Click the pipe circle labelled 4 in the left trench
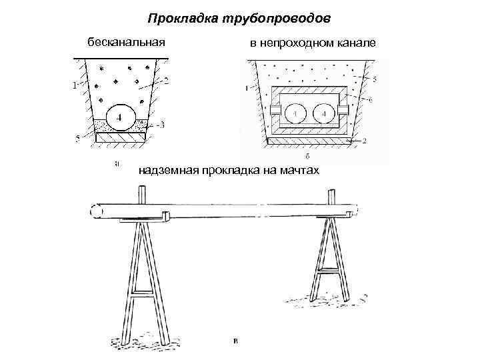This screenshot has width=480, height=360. point(121,117)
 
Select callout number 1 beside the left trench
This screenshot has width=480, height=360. point(74,85)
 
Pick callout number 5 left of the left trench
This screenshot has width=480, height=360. point(79,139)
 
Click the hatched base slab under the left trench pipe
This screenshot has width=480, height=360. point(121,137)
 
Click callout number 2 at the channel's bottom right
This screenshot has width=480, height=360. point(365,141)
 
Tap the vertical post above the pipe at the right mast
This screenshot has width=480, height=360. point(331,199)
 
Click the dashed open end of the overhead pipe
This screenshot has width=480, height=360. point(94,211)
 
